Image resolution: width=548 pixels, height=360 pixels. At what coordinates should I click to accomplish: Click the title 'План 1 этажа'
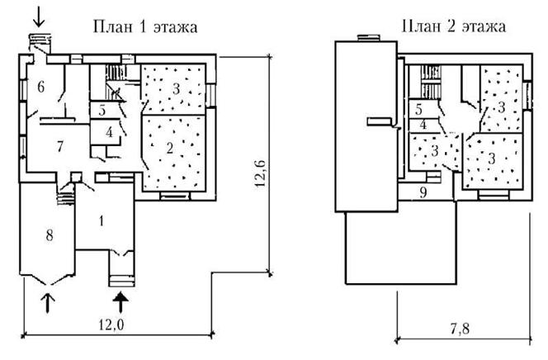point(145,27)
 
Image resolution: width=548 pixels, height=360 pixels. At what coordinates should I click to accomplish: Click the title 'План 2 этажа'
point(454,26)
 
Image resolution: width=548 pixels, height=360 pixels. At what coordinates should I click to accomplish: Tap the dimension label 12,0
point(111,325)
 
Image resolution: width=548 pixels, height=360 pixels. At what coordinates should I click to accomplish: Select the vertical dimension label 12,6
point(261,173)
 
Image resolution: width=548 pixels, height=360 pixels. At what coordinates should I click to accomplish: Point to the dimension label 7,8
point(460,329)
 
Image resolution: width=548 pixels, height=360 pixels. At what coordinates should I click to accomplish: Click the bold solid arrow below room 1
point(121,302)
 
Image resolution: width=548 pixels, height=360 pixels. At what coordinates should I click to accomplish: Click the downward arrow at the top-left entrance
point(39,16)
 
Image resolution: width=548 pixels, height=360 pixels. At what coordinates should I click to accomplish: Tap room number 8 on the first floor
point(50,235)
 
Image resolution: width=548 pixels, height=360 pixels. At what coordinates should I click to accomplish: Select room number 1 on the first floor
point(102,221)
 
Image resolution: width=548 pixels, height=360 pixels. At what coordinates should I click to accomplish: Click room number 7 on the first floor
point(60,146)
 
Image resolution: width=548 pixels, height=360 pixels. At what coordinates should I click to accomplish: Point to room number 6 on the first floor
point(41,87)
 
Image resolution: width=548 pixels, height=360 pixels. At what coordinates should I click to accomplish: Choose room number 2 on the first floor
point(170,148)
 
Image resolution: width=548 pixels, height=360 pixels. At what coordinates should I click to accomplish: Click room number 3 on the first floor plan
point(176,89)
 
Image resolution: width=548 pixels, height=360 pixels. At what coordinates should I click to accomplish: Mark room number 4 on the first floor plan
point(110,132)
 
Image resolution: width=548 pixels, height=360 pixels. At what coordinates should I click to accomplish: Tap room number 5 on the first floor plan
point(102,111)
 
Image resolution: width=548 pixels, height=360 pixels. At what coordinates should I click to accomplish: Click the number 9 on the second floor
point(423,192)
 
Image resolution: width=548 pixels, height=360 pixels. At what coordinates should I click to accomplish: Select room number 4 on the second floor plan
point(423,125)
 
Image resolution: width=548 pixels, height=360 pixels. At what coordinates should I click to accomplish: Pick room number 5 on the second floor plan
point(418,110)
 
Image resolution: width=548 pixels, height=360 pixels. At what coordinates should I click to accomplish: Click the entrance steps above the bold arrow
point(121,281)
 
